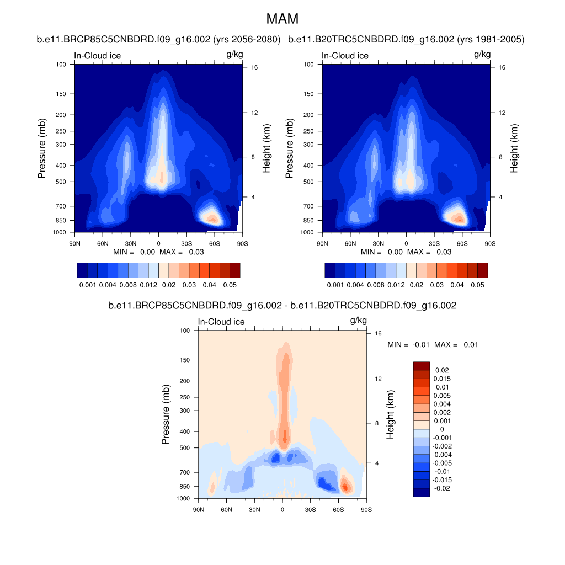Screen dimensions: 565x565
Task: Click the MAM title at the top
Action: [x=282, y=19]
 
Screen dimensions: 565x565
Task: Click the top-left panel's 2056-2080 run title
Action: [x=159, y=40]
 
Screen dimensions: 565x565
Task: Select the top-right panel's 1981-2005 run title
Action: [x=406, y=40]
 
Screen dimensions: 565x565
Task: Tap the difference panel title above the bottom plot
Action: [x=282, y=305]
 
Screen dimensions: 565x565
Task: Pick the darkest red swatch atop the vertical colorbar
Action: [x=421, y=366]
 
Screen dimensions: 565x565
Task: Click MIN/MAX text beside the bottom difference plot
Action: [x=433, y=344]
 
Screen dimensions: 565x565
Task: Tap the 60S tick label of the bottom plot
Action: [x=338, y=509]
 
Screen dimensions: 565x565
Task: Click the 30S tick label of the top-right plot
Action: [x=434, y=243]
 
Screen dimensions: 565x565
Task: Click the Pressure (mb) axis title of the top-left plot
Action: [x=42, y=148]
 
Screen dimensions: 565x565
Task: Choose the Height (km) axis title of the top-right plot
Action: [x=514, y=148]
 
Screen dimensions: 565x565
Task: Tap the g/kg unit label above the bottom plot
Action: [x=358, y=321]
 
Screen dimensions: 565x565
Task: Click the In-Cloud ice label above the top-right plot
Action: [x=345, y=56]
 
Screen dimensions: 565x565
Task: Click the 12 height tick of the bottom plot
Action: [x=377, y=379]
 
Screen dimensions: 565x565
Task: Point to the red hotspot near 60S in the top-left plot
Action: [x=212, y=219]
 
